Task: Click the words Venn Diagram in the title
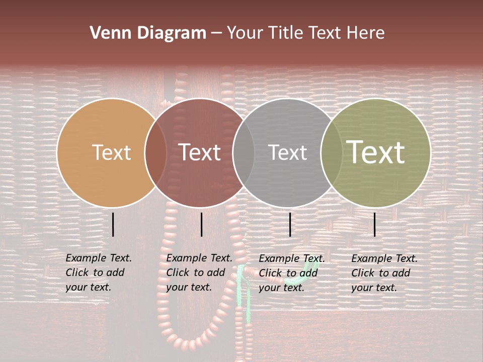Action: click(x=148, y=33)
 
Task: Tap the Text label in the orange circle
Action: click(x=111, y=152)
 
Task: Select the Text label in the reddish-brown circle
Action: click(x=200, y=152)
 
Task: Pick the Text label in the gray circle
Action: click(x=287, y=152)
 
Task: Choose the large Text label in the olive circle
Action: click(x=376, y=152)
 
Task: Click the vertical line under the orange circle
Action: click(x=113, y=224)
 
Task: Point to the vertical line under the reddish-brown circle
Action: click(x=201, y=224)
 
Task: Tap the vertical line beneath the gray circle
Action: click(x=290, y=224)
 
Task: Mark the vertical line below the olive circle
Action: click(x=375, y=224)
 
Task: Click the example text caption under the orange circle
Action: click(x=98, y=273)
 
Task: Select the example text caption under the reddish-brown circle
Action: click(x=199, y=273)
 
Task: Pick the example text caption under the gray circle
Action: click(x=291, y=273)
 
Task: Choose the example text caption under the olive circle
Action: click(x=384, y=273)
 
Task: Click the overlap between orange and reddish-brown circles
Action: click(x=155, y=153)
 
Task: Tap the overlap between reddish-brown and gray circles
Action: click(x=244, y=153)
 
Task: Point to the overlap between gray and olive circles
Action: click(x=332, y=153)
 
